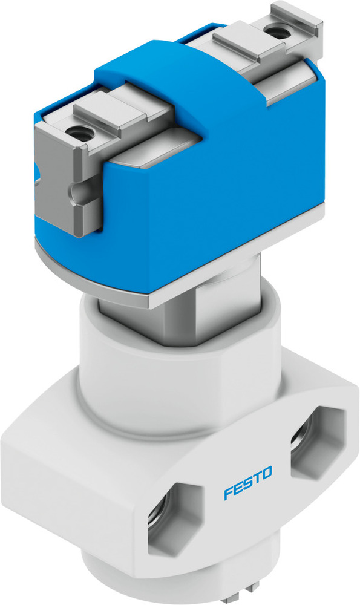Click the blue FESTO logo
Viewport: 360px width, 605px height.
248,482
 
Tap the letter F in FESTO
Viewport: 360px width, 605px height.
227,494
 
